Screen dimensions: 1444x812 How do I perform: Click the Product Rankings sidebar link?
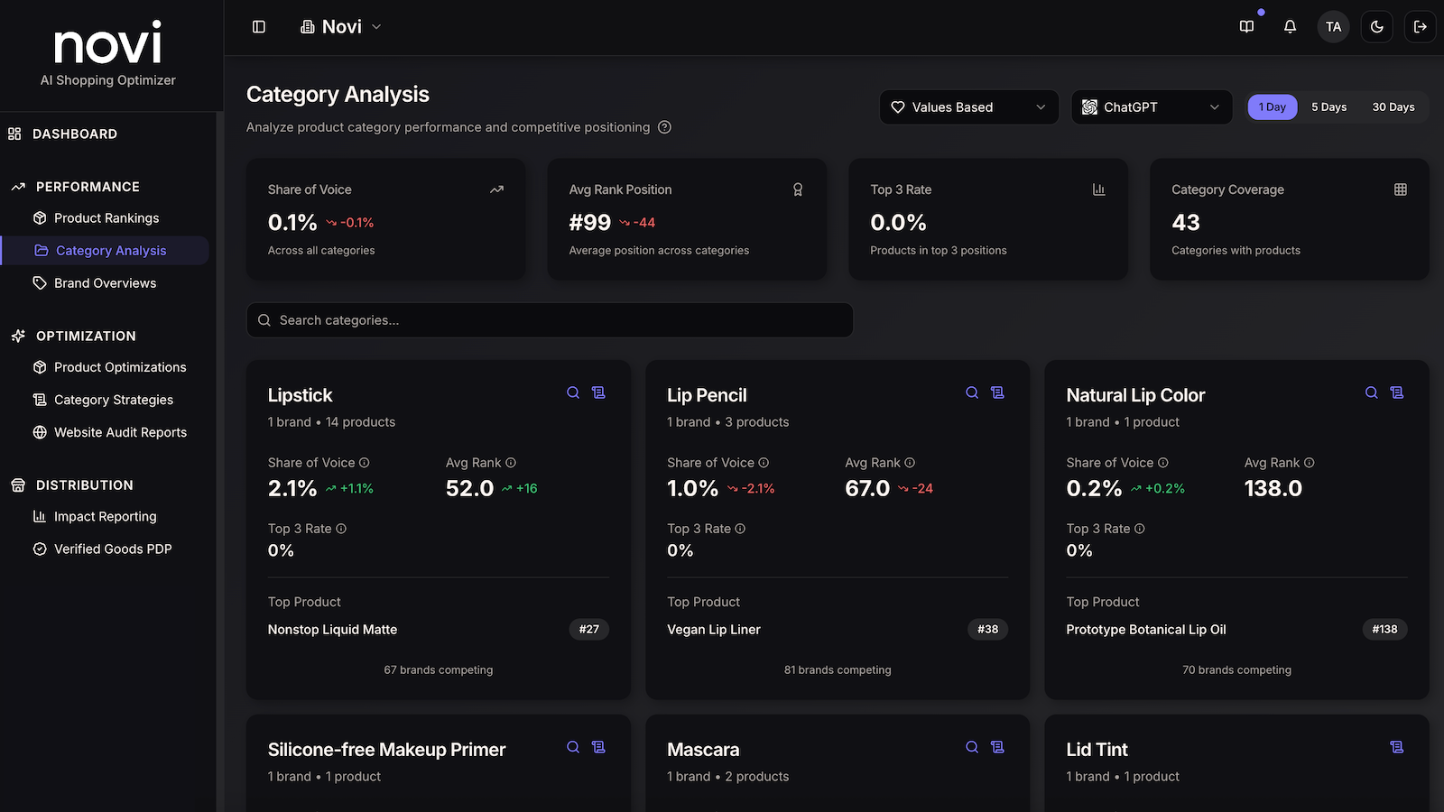point(96,217)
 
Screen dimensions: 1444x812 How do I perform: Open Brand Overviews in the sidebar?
point(94,283)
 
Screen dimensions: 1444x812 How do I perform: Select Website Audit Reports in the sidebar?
point(109,432)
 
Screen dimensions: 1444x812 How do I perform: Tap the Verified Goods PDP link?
point(103,549)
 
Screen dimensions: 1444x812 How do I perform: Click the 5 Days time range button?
point(1328,107)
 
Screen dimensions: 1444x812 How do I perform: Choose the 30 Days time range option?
point(1393,107)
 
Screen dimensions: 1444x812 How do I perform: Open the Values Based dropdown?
point(968,107)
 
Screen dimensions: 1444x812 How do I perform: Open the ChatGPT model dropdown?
point(1152,107)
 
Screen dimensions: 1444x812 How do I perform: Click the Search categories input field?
point(550,319)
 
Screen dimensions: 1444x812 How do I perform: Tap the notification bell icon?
point(1290,26)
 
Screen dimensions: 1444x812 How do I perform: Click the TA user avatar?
point(1333,26)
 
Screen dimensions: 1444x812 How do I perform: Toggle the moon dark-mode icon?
point(1376,26)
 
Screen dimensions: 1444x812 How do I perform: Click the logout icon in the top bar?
point(1421,26)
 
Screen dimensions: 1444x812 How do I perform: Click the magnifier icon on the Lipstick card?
point(572,392)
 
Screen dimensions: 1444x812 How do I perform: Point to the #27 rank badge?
point(588,629)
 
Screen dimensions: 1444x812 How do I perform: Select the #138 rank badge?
point(1384,629)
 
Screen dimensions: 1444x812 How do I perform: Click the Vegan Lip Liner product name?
point(714,629)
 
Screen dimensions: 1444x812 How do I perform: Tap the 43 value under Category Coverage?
point(1186,222)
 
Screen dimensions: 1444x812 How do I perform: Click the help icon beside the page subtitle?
point(664,127)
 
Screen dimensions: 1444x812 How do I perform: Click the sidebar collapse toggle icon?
point(258,26)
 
